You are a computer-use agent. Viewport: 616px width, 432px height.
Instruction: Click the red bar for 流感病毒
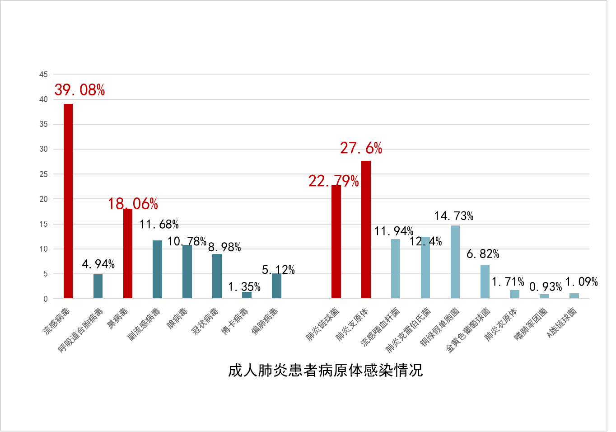(x=68, y=201)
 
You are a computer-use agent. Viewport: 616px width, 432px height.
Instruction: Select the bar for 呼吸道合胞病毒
(x=98, y=286)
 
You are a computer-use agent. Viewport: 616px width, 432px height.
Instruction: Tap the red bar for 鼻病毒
(x=128, y=253)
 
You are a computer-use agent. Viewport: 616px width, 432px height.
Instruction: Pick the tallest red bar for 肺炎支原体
(x=366, y=230)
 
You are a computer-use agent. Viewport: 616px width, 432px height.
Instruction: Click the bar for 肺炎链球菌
(x=336, y=242)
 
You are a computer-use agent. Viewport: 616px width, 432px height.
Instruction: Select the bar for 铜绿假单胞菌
(x=455, y=262)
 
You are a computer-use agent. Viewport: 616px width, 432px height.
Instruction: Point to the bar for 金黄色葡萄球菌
(x=485, y=282)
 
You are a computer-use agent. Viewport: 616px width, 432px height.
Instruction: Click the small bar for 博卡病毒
(x=247, y=295)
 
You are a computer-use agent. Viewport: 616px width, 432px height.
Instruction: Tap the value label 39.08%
(x=79, y=90)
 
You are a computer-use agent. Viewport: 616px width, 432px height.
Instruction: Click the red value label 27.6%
(x=361, y=148)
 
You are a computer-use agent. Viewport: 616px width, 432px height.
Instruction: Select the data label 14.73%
(x=453, y=216)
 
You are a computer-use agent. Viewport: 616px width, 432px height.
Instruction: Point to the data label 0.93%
(x=545, y=287)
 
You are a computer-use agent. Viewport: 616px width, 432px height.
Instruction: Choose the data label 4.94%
(x=98, y=264)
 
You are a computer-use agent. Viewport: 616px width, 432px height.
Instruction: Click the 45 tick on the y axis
(x=43, y=75)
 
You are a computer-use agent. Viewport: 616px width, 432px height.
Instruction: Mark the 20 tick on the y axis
(x=43, y=199)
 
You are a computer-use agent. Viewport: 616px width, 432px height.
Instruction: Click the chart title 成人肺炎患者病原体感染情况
(x=325, y=371)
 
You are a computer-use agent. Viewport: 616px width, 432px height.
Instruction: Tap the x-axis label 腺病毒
(x=177, y=319)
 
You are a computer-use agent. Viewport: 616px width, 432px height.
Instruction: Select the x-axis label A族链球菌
(x=562, y=323)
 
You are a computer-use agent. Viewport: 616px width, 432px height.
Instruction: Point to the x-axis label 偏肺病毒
(x=265, y=321)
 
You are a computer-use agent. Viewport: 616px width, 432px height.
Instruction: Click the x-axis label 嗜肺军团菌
(x=531, y=324)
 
